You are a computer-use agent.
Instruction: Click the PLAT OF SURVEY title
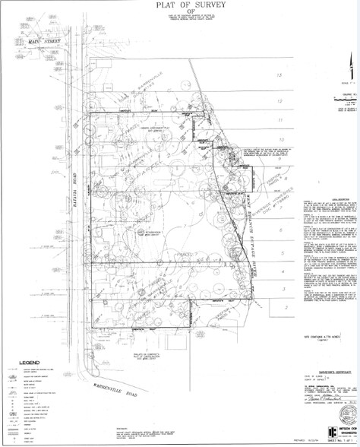[x=180, y=7]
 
